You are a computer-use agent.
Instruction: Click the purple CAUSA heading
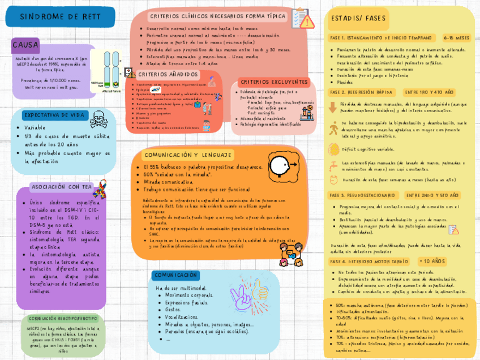click(25, 44)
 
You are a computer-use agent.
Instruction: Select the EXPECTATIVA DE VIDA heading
click(54, 115)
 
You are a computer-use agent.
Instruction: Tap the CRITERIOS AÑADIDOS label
click(168, 75)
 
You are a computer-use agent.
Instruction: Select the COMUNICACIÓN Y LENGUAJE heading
click(187, 155)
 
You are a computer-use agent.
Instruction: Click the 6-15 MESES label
click(456, 38)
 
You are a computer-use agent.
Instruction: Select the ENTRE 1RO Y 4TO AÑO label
click(429, 92)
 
